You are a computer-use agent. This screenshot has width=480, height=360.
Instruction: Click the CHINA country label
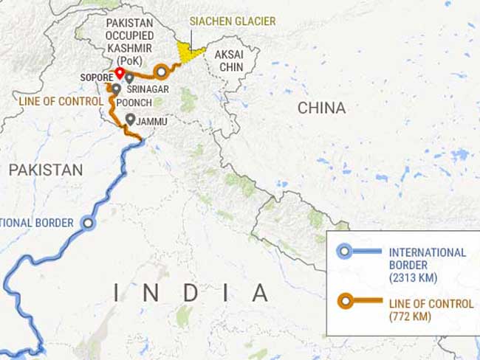(321, 108)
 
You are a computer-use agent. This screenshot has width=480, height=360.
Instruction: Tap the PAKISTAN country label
(46, 170)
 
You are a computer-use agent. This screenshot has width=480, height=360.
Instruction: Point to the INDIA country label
(191, 292)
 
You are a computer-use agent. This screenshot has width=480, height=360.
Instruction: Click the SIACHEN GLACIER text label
(233, 21)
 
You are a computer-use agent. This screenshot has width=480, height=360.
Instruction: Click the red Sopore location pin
(119, 72)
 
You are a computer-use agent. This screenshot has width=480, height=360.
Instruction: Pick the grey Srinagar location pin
(129, 77)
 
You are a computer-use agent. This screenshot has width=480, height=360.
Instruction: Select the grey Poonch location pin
(116, 89)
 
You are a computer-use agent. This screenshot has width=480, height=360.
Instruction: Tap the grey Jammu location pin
(130, 119)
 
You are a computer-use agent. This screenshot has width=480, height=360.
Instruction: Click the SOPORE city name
(96, 77)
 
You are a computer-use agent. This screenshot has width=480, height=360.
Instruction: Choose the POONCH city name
(134, 103)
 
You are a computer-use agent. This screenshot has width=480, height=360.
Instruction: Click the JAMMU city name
(151, 121)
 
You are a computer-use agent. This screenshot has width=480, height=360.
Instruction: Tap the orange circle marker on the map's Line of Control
(160, 72)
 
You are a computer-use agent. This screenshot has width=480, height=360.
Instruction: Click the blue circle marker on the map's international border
(89, 222)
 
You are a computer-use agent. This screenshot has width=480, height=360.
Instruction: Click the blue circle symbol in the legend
(344, 252)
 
